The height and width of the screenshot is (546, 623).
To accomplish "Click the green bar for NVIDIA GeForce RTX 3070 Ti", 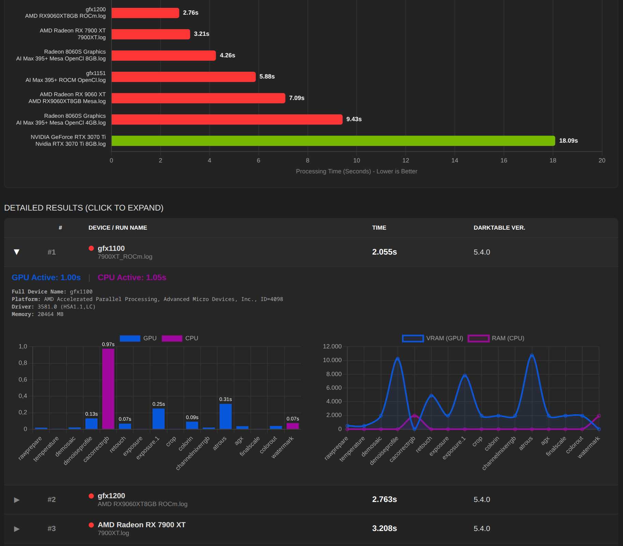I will coord(333,141).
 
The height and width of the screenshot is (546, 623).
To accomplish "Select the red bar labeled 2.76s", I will coord(145,13).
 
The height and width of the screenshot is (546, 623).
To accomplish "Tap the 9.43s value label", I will coord(354,119).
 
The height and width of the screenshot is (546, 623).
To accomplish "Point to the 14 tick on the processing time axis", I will coord(454,160).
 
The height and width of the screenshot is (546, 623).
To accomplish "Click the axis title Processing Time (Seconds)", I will coord(356,171).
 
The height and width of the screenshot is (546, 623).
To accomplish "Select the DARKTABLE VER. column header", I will coord(499,228).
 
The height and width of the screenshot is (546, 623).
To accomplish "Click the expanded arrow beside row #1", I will coord(16,252).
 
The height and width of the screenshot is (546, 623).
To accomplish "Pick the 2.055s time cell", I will coord(384,252).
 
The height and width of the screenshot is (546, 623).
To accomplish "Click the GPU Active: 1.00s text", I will coord(46,277).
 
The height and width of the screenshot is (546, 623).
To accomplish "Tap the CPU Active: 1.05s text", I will coord(132,277).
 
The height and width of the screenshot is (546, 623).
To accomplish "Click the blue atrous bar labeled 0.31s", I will coord(226,416).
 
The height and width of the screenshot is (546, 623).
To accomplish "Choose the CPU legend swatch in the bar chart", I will coord(172,338).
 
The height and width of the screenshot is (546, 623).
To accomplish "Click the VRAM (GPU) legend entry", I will coord(433,338).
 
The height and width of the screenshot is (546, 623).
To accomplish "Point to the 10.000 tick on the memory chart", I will coord(332,360).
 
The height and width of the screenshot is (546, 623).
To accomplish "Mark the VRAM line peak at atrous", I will coord(532,356).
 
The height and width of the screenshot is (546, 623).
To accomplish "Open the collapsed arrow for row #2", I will coord(16,500).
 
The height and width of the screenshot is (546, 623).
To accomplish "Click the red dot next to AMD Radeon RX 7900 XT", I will coord(91,525).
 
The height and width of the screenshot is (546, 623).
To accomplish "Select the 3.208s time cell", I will coord(384,529).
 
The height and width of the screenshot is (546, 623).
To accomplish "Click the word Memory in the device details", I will coord(22,314).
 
